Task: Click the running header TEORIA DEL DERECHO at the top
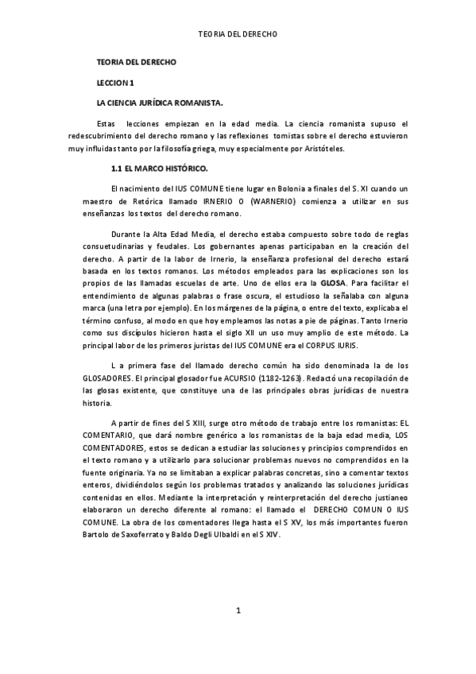(238, 35)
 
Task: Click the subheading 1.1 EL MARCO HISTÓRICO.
(159, 168)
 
